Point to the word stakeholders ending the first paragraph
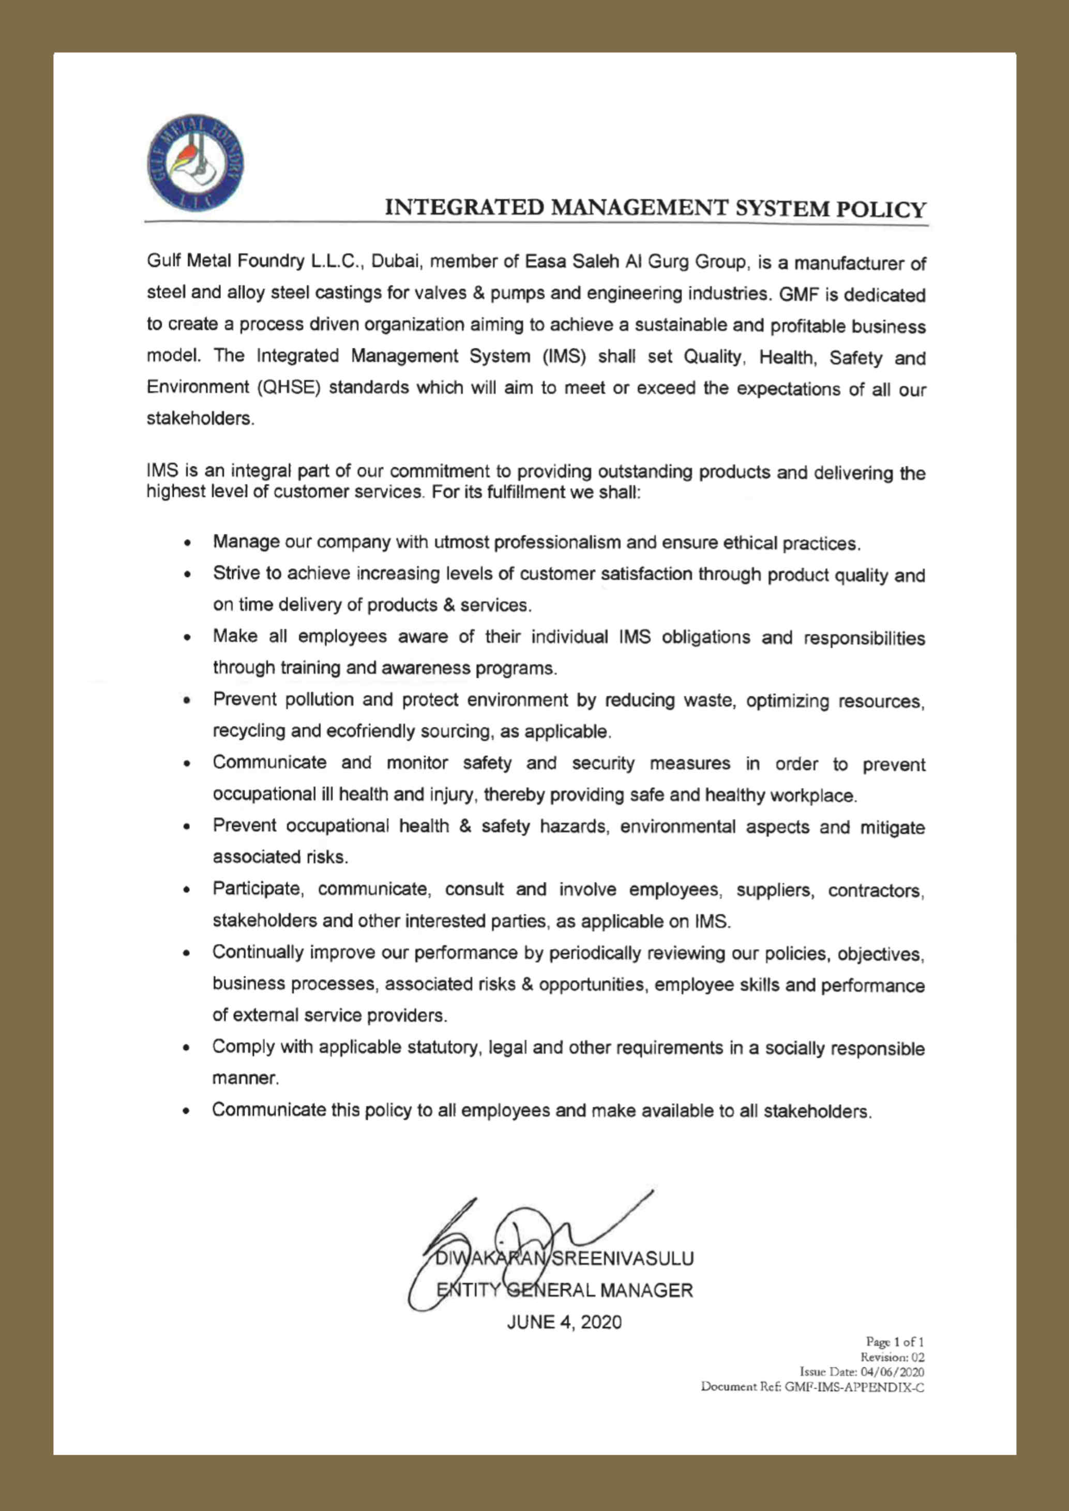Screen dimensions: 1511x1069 199,419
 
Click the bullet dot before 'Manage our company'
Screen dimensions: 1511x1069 188,544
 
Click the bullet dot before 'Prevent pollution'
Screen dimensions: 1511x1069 188,701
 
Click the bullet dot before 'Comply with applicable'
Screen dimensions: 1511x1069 188,1049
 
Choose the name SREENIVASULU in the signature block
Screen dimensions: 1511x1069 622,1259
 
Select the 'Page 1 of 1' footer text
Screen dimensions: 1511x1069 895,1342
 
